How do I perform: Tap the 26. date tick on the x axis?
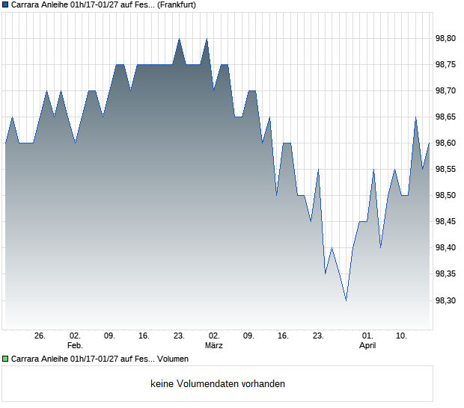pos(40,336)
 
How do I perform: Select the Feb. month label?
pos(75,346)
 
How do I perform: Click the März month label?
pos(214,346)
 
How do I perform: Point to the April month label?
pos(367,346)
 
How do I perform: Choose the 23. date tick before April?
pos(318,336)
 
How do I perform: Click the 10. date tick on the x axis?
pos(402,336)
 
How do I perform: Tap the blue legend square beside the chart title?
pos(6,4)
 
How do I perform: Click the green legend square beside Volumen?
pos(6,359)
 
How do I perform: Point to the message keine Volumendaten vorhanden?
pos(218,384)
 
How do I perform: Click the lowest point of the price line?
pos(346,300)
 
